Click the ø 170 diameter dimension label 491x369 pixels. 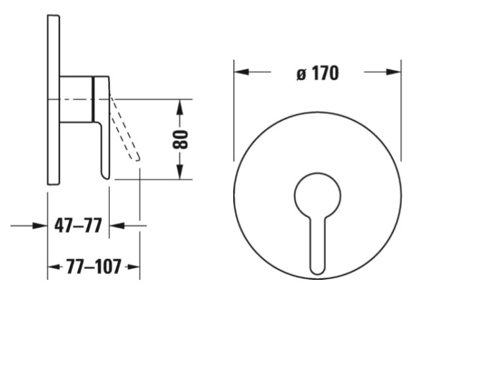(318, 73)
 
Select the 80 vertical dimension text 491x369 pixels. (180, 140)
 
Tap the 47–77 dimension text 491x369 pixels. (79, 225)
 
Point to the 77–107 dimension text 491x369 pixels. (94, 267)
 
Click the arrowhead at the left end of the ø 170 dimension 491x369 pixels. (242, 72)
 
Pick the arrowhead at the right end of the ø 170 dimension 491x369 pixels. (393, 72)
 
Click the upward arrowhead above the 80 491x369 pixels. (179, 107)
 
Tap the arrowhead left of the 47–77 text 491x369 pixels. (40, 225)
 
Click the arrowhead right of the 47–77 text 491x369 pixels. (117, 225)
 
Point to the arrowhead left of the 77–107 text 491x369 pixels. (54, 267)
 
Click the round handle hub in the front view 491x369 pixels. (318, 195)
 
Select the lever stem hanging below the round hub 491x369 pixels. (318, 246)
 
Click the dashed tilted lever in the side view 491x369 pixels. (124, 128)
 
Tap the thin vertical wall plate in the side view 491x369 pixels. (54, 100)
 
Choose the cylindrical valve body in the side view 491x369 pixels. (76, 99)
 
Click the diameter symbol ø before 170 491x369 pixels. (301, 74)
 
